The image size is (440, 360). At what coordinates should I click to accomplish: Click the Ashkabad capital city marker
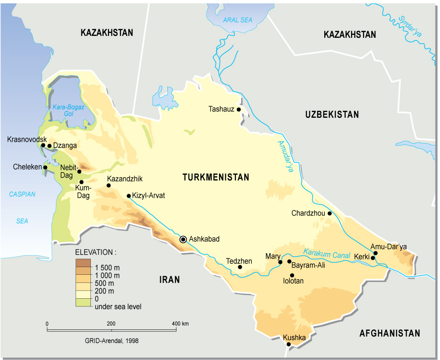click(x=183, y=239)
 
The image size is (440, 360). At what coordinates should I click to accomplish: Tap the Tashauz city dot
click(x=239, y=109)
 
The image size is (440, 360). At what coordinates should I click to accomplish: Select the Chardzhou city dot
click(x=330, y=213)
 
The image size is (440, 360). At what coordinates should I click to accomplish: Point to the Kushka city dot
click(x=288, y=344)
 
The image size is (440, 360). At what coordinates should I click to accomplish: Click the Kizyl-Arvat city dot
click(x=129, y=196)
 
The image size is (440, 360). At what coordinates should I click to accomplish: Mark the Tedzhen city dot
click(x=240, y=267)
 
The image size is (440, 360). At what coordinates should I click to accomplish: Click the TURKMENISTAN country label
click(x=216, y=177)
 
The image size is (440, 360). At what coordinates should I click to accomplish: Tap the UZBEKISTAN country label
click(x=332, y=114)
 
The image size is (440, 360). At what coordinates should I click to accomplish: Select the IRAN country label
click(x=169, y=280)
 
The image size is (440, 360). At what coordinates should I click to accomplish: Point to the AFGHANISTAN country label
click(x=390, y=333)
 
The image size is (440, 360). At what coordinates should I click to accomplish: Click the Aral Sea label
click(x=237, y=20)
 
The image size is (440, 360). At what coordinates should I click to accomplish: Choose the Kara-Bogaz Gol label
click(x=68, y=111)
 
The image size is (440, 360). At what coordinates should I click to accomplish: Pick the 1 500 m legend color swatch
click(x=83, y=264)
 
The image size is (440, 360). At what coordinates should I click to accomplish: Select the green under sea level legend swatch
click(x=83, y=302)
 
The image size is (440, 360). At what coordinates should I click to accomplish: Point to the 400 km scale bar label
click(x=180, y=324)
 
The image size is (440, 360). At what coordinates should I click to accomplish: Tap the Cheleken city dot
click(x=45, y=167)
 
